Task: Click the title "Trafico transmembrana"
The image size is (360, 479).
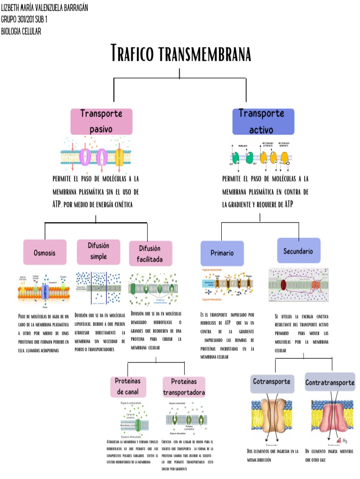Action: [x=181, y=53]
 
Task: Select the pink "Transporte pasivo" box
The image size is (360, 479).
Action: [x=101, y=121]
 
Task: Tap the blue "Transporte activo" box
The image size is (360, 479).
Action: [x=263, y=121]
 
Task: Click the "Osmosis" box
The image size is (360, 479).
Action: [x=45, y=252]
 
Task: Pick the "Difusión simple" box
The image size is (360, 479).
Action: [x=98, y=251]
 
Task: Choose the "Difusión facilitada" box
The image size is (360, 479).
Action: [x=149, y=253]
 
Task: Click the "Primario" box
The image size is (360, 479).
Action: [x=222, y=253]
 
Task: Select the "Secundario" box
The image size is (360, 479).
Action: [x=298, y=251]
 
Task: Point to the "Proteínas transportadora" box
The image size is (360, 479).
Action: [x=184, y=386]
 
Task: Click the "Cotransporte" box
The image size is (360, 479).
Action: [x=272, y=382]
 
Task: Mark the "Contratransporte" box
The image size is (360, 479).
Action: [x=330, y=383]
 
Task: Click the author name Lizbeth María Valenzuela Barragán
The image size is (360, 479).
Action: [x=45, y=8]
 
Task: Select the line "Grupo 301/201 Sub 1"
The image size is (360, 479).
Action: [x=24, y=20]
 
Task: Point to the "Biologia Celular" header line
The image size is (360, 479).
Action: [x=22, y=31]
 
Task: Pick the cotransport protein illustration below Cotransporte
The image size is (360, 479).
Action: [x=272, y=419]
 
